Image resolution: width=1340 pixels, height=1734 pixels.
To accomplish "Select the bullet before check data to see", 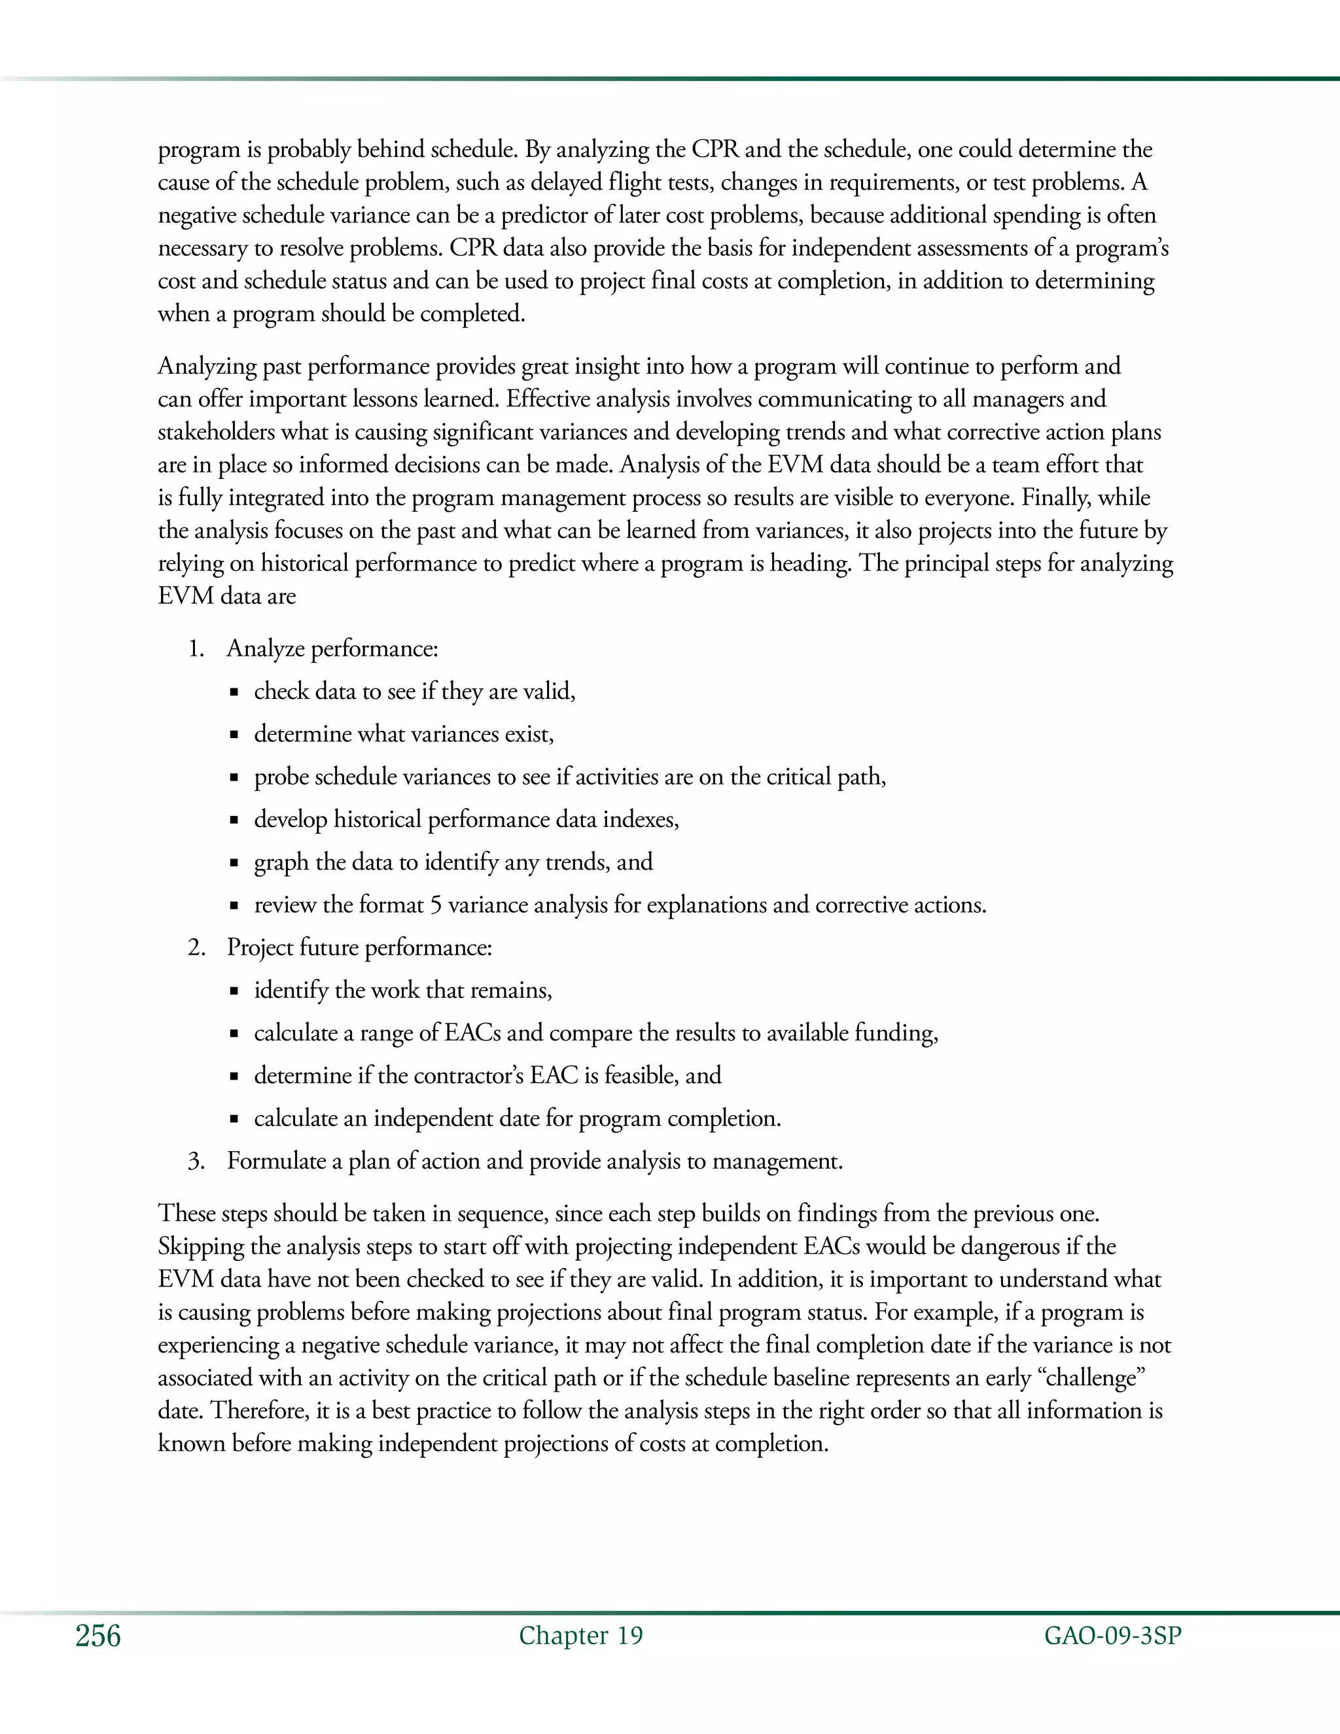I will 234,693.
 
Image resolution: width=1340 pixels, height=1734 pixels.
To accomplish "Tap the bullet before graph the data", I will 234,864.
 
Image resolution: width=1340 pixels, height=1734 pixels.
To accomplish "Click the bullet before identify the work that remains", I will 234,991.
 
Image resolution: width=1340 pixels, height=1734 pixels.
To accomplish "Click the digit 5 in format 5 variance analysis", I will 436,905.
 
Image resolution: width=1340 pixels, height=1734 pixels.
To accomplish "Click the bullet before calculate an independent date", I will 234,1120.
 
